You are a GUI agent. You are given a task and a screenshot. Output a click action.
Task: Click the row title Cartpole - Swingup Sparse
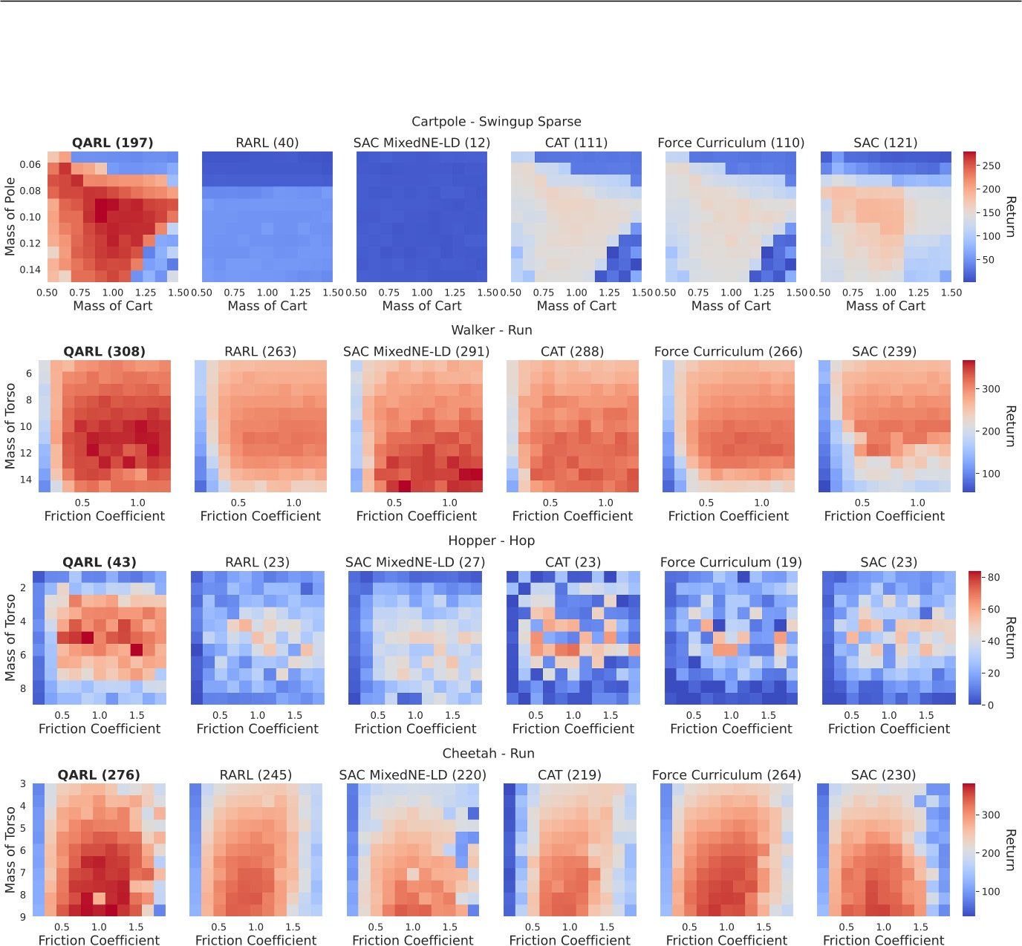[496, 122]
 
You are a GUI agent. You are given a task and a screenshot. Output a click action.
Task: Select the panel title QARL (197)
[112, 143]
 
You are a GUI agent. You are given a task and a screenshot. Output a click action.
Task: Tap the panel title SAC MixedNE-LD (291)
[416, 351]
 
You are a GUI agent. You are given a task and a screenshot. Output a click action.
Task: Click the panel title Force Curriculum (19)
[731, 562]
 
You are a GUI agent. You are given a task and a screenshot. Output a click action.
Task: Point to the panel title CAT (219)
[569, 774]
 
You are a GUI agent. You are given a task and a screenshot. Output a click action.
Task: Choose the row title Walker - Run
[492, 330]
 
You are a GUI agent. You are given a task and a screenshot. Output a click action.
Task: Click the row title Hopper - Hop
[491, 541]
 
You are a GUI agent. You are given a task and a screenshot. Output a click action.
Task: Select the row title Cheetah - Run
[488, 753]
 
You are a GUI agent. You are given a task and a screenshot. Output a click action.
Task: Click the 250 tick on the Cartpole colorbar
[991, 166]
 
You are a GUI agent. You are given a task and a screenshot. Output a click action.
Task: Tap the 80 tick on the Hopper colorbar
[993, 577]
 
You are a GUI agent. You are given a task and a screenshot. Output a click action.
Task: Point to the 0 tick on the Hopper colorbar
[990, 705]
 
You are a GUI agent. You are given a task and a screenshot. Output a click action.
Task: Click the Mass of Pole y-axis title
[10, 216]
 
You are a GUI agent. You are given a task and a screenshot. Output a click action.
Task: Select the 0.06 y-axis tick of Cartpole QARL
[30, 164]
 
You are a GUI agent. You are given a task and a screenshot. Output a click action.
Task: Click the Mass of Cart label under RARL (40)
[267, 306]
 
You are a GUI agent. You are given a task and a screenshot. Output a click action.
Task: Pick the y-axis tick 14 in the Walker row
[26, 479]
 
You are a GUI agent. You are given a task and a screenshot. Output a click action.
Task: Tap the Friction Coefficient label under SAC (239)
[884, 516]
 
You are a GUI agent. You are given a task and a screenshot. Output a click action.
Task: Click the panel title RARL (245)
[255, 774]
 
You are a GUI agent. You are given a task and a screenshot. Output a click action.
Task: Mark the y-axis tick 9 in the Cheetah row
[23, 916]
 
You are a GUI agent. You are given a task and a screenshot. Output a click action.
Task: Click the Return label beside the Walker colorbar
[1009, 425]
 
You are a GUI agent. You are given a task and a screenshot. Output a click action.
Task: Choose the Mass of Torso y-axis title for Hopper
[10, 637]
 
